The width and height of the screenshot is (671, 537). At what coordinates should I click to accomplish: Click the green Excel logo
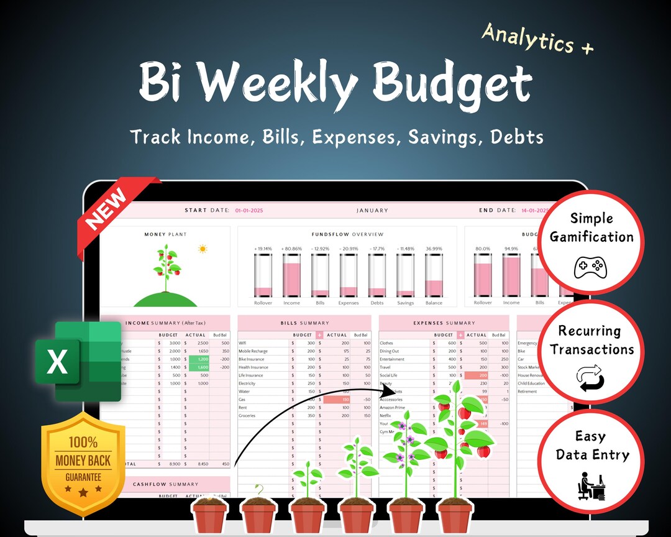pos(78,362)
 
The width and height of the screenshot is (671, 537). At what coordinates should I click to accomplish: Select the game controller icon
pos(590,267)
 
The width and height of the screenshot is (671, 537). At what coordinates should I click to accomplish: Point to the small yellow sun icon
pos(202,249)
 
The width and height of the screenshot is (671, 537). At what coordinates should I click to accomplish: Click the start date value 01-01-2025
pos(249,211)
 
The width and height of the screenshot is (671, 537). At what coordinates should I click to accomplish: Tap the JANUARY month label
pos(372,211)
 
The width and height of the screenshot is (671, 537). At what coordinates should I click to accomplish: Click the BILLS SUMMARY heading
pos(304,323)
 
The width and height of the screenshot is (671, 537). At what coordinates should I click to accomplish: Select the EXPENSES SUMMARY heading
pos(444,323)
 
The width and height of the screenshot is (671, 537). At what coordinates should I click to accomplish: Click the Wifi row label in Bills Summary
pos(243,343)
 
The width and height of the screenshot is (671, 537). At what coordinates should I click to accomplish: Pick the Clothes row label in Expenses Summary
pos(386,343)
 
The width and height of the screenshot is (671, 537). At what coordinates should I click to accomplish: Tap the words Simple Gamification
pos(591,227)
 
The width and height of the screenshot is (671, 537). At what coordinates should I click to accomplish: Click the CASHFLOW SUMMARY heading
pos(166,484)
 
